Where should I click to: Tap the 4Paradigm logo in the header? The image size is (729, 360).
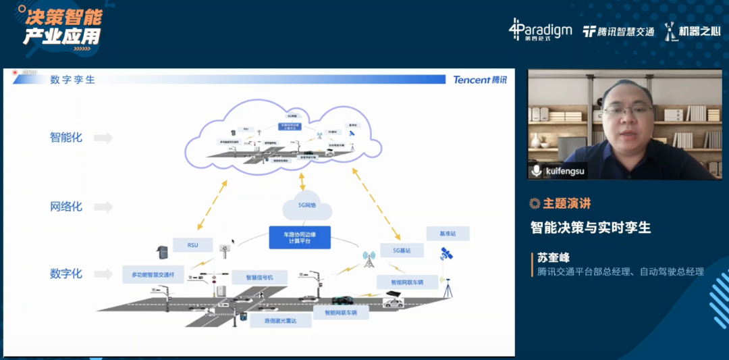coord(540,30)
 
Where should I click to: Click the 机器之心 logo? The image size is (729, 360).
coord(692,31)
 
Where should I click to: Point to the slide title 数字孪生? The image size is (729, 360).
coord(72,80)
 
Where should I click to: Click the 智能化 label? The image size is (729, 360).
coord(66,137)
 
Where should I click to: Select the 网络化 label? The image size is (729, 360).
coord(66,206)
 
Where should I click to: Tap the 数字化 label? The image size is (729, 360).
coord(66,274)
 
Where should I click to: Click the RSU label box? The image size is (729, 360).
coord(194,245)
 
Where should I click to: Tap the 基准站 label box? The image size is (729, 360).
coord(448,234)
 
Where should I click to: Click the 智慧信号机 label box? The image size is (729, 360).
coord(260,277)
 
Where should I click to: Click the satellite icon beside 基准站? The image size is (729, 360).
coord(446,254)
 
